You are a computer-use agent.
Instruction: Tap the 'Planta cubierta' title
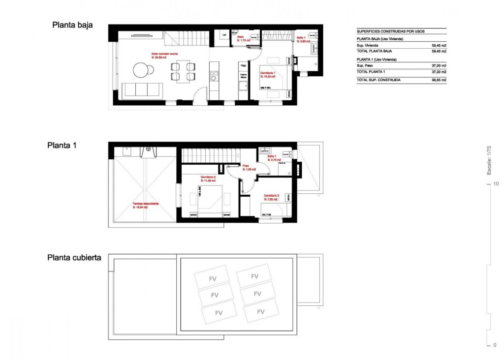coord(74,257)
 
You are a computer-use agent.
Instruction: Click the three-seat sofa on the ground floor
coord(142,90)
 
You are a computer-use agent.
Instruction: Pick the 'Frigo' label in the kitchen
coord(243,65)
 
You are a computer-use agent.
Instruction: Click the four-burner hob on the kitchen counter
coord(214,76)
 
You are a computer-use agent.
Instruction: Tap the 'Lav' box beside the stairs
coord(224,35)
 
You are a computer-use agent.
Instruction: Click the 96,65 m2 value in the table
coord(439,80)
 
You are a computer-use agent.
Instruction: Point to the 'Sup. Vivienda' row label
coord(368,45)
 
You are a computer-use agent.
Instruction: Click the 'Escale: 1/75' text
coord(489,160)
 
